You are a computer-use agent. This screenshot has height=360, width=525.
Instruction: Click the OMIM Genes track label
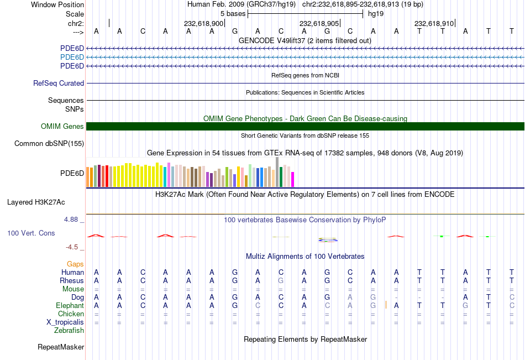(62, 127)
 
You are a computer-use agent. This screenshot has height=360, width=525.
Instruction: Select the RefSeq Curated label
(59, 84)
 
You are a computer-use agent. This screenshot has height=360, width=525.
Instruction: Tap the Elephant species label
(70, 306)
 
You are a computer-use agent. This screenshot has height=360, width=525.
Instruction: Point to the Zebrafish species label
(69, 331)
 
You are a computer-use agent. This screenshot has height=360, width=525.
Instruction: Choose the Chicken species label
(71, 314)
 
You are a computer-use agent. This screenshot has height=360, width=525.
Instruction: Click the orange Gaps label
(75, 264)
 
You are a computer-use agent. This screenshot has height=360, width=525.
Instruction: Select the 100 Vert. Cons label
(31, 233)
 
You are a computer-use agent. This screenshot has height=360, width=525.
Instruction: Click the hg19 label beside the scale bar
(376, 13)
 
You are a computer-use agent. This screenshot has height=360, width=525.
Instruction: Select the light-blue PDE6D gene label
(72, 58)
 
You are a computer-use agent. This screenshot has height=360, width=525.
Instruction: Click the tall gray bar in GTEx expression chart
(277, 171)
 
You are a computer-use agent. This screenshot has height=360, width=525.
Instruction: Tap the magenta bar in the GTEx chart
(293, 179)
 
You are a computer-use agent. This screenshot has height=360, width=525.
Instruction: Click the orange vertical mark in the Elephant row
(386, 305)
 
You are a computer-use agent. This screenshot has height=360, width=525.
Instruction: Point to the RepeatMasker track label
(61, 347)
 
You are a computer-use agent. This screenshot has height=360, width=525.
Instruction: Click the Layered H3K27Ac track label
(36, 202)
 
